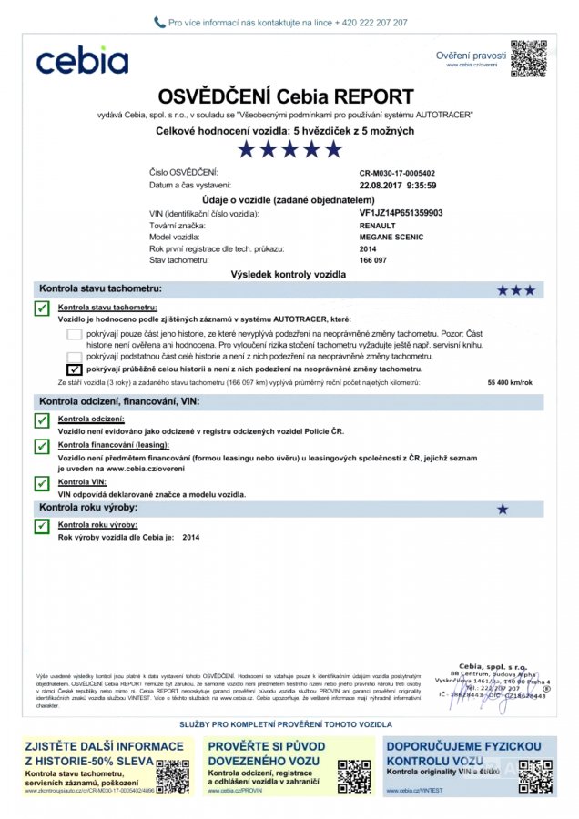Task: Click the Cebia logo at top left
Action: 82,60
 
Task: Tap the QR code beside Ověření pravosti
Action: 528,58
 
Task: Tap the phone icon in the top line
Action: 160,22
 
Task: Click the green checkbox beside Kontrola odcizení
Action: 41,420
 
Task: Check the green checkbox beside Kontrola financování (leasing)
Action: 41,446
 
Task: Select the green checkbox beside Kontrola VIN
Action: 41,483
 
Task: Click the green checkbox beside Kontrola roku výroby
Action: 41,526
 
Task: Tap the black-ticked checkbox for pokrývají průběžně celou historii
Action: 75,369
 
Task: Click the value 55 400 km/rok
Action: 510,383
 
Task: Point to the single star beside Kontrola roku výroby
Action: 503,510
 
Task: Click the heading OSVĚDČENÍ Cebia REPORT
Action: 286,96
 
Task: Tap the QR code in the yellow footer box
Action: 172,775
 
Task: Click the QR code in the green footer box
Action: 353,775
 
